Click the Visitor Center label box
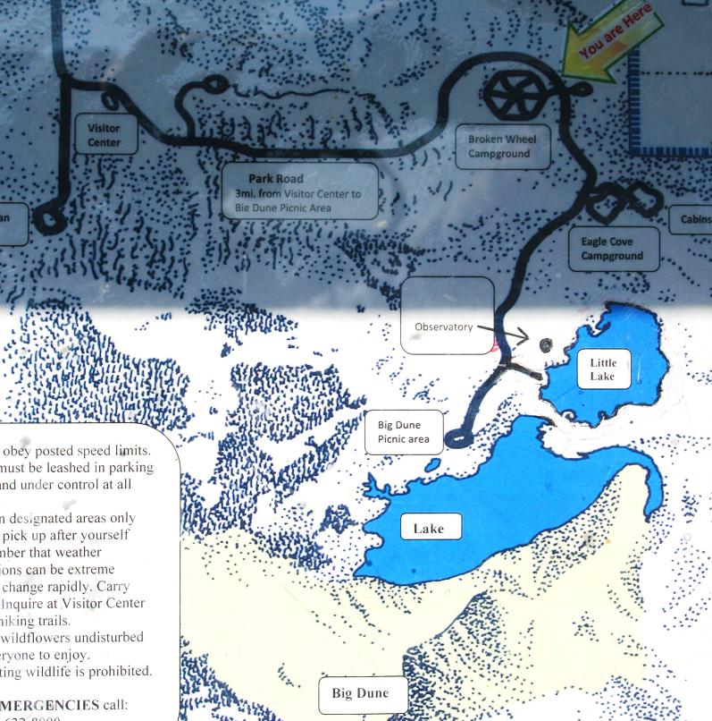(x=104, y=135)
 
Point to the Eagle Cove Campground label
(x=612, y=249)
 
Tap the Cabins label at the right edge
(x=694, y=220)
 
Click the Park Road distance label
(x=299, y=191)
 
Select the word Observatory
(x=443, y=327)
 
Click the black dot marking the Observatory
(x=545, y=344)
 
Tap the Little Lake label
(x=602, y=369)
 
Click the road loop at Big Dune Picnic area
(x=456, y=438)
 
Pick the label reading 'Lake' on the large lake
(x=428, y=529)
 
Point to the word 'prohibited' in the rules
(x=121, y=671)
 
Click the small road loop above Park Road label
(x=215, y=86)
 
